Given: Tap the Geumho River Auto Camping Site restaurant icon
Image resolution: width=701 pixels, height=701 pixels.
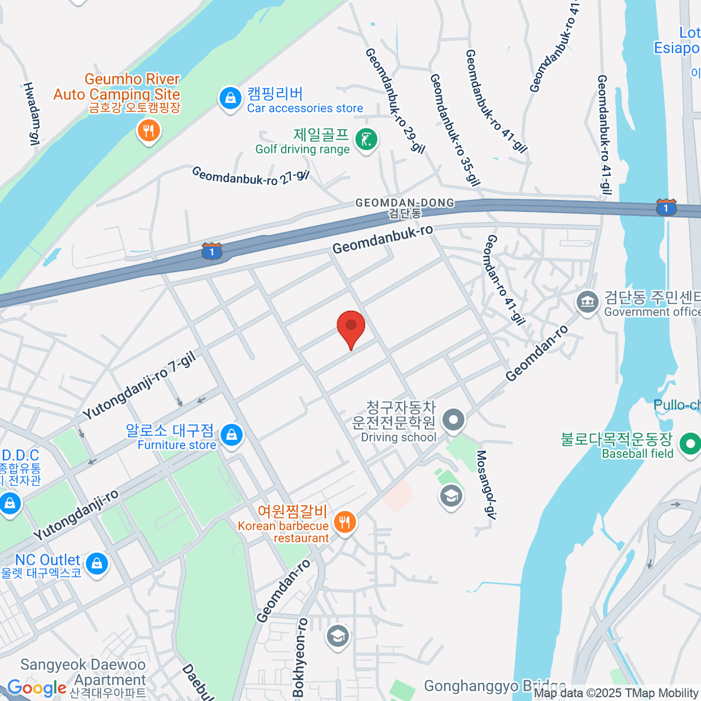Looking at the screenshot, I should [x=149, y=131].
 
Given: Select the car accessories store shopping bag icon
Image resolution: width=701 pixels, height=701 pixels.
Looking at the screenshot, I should [x=231, y=98].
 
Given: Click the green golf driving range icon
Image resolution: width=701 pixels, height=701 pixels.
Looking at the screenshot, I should [x=366, y=140].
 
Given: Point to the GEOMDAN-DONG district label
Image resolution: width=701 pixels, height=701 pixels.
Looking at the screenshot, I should [x=405, y=203].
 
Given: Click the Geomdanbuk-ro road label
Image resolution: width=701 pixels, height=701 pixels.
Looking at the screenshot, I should [x=383, y=240].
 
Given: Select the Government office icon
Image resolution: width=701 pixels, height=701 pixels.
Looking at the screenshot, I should [x=588, y=302].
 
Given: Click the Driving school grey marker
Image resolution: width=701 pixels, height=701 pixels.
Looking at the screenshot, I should [x=453, y=419].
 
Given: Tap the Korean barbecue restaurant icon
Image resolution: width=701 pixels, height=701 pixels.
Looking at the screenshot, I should [x=345, y=520].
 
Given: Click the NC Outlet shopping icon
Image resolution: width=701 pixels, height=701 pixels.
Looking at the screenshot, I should [x=96, y=564].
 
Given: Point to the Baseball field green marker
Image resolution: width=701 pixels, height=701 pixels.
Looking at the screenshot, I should [x=690, y=444].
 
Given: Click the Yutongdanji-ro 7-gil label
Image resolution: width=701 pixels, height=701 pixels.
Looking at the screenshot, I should [x=139, y=386].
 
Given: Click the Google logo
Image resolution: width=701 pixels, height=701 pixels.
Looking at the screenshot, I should [x=37, y=688].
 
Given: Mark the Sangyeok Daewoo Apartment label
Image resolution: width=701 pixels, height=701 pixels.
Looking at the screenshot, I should [x=83, y=672].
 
